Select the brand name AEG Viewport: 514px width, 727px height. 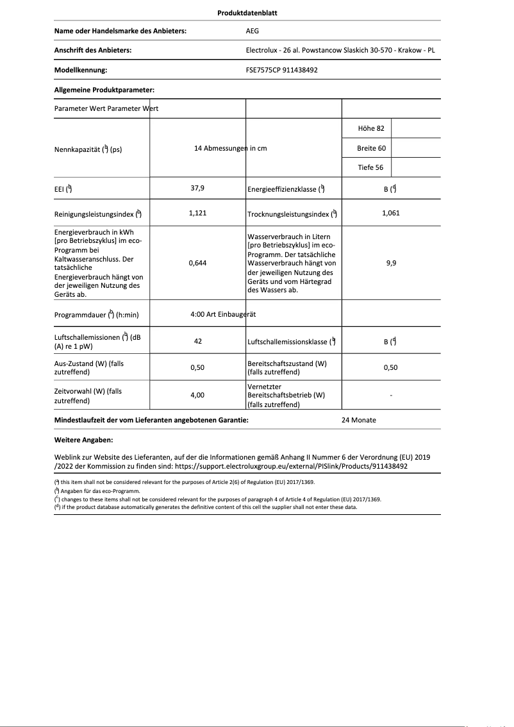[x=253, y=31]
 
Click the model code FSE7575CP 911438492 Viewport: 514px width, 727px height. [x=281, y=70]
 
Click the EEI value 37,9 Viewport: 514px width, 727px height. [x=197, y=188]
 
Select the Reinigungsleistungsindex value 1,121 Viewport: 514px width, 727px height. [x=197, y=213]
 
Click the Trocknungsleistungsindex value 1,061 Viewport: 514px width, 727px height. [x=390, y=213]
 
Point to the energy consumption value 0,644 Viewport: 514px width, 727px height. [x=197, y=263]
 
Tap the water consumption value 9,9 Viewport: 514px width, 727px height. [x=390, y=263]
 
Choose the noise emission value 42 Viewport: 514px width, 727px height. [x=197, y=341]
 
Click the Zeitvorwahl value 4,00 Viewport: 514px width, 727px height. [x=197, y=396]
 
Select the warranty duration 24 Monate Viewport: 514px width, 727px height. [x=359, y=420]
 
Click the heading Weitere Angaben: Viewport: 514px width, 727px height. [x=84, y=440]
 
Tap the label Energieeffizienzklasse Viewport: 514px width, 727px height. [x=285, y=189]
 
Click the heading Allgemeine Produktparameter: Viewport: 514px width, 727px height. [x=104, y=90]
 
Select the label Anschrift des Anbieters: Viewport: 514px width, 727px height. [x=93, y=50]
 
